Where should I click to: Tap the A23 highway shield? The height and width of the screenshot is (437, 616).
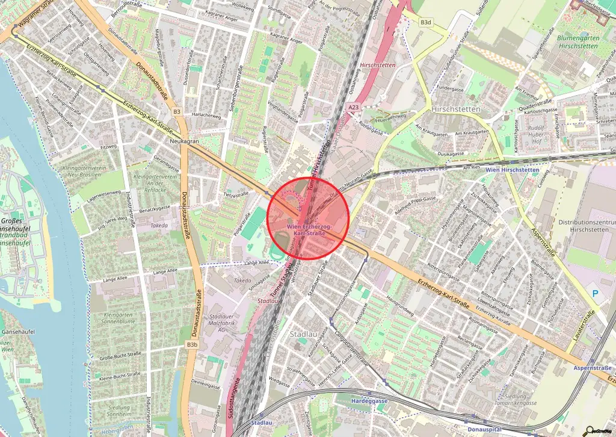click(x=354, y=107)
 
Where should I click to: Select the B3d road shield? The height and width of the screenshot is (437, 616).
click(x=426, y=22)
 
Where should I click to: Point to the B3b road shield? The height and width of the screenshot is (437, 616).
click(x=192, y=344)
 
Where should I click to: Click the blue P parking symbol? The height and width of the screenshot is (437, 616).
click(x=596, y=293)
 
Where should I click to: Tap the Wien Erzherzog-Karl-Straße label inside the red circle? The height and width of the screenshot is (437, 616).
click(x=309, y=229)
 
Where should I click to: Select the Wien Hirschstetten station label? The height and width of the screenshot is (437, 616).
click(x=512, y=170)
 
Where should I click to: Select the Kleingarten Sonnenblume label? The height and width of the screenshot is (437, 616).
click(x=118, y=319)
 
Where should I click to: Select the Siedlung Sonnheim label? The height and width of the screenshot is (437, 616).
click(x=119, y=411)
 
